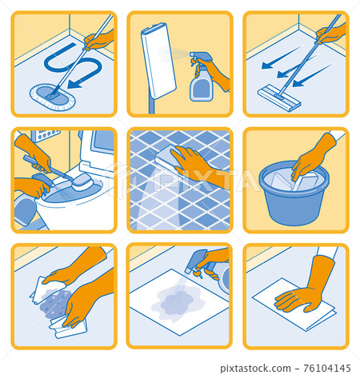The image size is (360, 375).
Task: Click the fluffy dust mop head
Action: pyautogui.click(x=50, y=94)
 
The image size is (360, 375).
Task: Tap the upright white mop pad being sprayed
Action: pyautogui.click(x=158, y=60)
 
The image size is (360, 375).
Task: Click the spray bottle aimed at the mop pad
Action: pyautogui.click(x=202, y=80)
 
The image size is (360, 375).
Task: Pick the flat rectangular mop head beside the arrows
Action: pyautogui.click(x=278, y=98)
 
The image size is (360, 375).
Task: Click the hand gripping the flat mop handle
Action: pyautogui.click(x=330, y=34)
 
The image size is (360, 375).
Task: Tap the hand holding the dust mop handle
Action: pyautogui.click(x=100, y=40)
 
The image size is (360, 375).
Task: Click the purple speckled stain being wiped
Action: pyautogui.click(x=55, y=303)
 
